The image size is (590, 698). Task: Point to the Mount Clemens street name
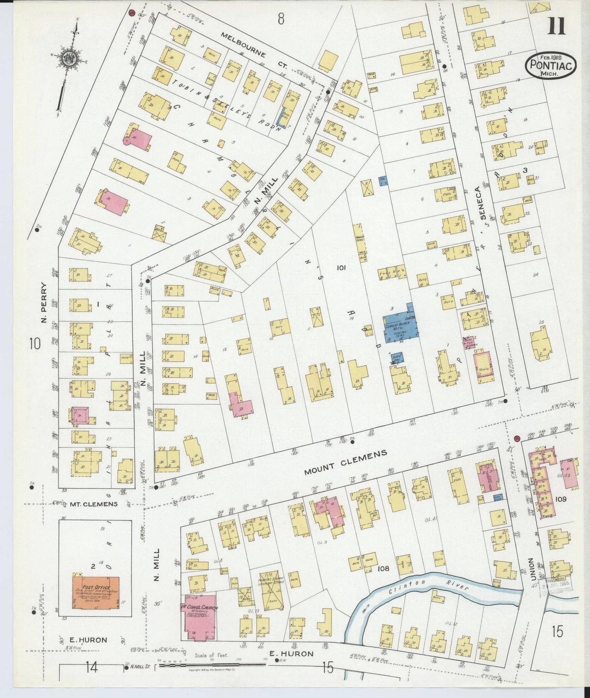pos(345,463)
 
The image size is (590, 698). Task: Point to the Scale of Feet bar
pos(212,665)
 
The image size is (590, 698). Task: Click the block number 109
pos(561,499)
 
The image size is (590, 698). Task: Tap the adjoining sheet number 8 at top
pos(281,19)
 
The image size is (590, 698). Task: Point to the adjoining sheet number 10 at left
pos(35,344)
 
